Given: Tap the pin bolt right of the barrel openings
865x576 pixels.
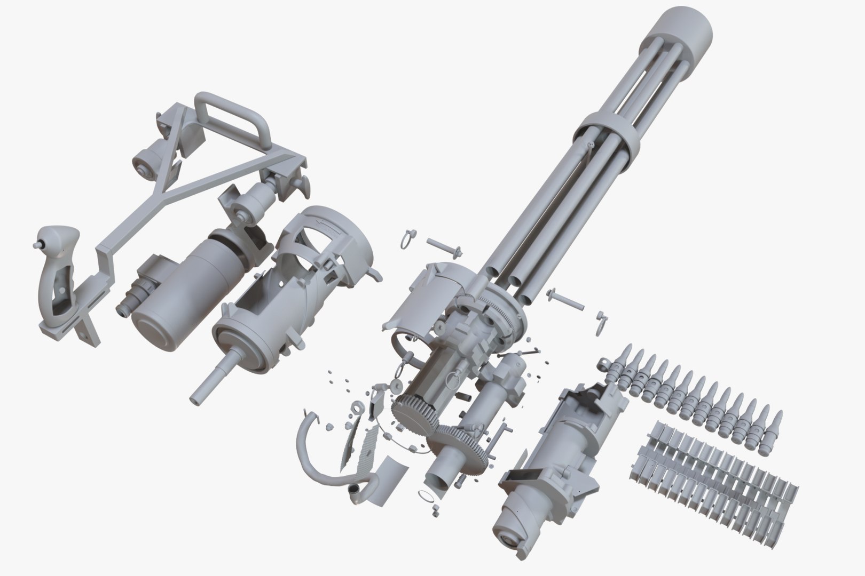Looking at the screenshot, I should [565, 300].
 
